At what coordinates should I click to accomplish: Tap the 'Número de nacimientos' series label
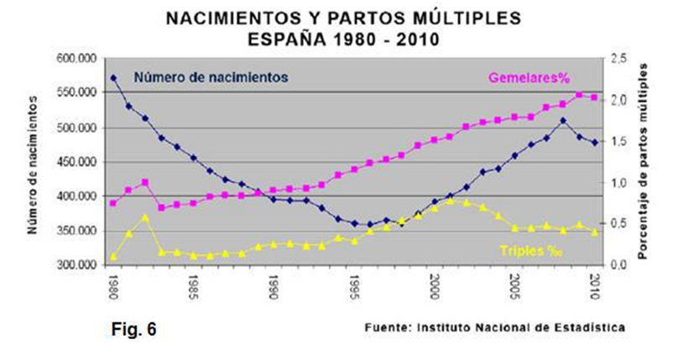(211, 76)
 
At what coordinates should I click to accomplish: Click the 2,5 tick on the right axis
(620, 59)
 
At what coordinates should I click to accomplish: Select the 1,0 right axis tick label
(620, 183)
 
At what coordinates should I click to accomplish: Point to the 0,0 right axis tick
(620, 265)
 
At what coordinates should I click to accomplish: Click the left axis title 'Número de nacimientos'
(34, 162)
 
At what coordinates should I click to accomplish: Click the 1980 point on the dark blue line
(113, 78)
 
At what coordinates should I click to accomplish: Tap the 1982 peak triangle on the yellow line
(145, 217)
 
